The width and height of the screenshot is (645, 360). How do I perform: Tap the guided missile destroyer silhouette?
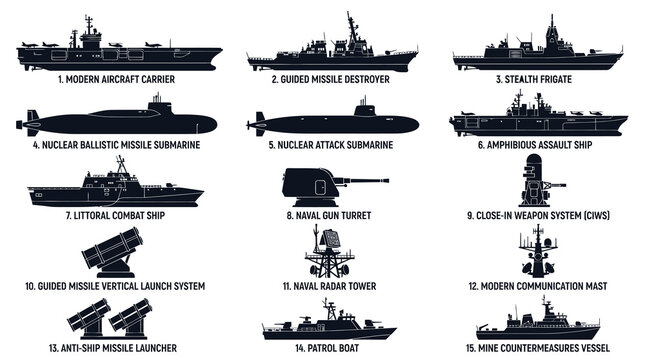tap(330, 58)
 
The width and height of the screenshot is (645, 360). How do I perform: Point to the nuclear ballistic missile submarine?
tap(120, 123)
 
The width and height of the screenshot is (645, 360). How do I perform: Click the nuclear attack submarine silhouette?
tap(335, 123)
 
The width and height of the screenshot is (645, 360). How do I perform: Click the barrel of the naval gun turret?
tap(364, 182)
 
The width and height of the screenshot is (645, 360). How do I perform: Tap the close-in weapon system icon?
tap(535, 185)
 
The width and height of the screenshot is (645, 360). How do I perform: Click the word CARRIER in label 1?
tap(155, 77)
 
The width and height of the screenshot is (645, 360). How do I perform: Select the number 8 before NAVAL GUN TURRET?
tap(288, 214)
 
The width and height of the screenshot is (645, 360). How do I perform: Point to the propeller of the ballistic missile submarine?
tap(21, 124)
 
